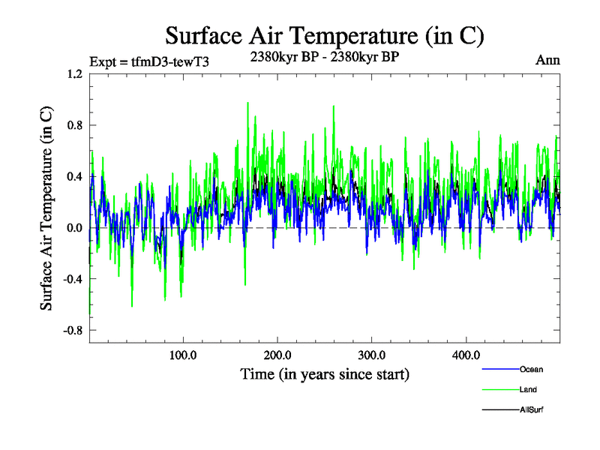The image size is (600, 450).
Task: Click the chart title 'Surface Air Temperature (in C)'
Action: pyautogui.click(x=325, y=35)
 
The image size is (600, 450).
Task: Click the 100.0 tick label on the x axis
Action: pyautogui.click(x=184, y=355)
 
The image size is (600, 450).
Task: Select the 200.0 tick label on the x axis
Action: pyautogui.click(x=277, y=355)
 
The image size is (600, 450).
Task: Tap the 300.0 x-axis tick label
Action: pyautogui.click(x=372, y=355)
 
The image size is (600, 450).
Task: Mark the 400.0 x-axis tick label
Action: pyautogui.click(x=466, y=355)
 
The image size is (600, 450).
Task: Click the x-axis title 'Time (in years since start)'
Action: pyautogui.click(x=325, y=373)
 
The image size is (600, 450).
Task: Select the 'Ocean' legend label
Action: pyautogui.click(x=530, y=369)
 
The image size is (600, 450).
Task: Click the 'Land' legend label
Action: pyautogui.click(x=527, y=390)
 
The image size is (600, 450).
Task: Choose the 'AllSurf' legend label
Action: pyautogui.click(x=531, y=410)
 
